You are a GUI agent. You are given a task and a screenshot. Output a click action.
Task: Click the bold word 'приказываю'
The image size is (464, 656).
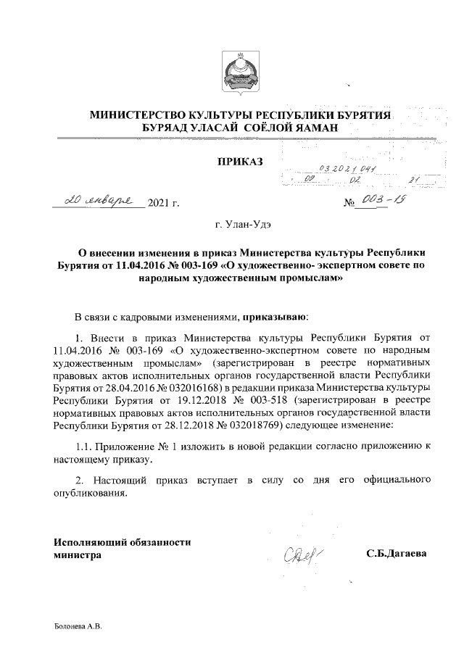click(275, 317)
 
